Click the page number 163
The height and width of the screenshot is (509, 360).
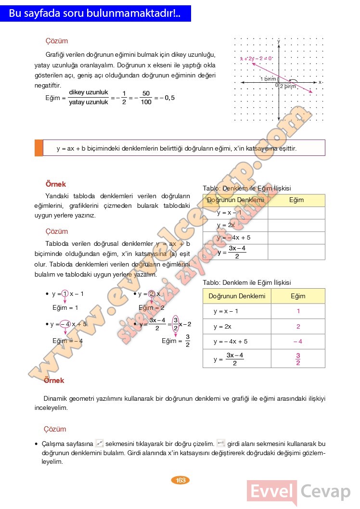[x=181, y=480]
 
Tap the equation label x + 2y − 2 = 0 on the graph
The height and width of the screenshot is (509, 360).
[x=256, y=58]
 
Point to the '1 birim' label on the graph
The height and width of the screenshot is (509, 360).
[x=268, y=78]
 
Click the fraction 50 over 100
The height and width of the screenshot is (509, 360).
[x=146, y=98]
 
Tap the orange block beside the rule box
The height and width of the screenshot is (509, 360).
[x=39, y=148]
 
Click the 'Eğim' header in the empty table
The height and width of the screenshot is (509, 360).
[x=296, y=200]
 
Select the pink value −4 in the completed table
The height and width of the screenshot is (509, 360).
[x=297, y=342]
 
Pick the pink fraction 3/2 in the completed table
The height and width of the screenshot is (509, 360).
[x=298, y=359]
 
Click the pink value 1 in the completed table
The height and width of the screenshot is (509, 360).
[x=298, y=311]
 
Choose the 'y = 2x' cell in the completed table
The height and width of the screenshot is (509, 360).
[x=223, y=327]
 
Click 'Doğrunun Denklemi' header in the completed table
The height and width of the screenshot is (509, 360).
[x=237, y=296]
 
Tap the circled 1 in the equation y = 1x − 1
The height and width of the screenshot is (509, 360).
[x=65, y=294]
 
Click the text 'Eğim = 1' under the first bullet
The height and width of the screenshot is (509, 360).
[x=65, y=307]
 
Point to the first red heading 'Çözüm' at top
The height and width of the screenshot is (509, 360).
[x=56, y=41]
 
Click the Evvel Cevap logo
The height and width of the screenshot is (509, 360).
[x=298, y=492]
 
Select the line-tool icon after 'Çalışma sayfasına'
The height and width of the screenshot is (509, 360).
[x=100, y=443]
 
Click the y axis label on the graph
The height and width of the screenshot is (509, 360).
[x=279, y=41]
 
